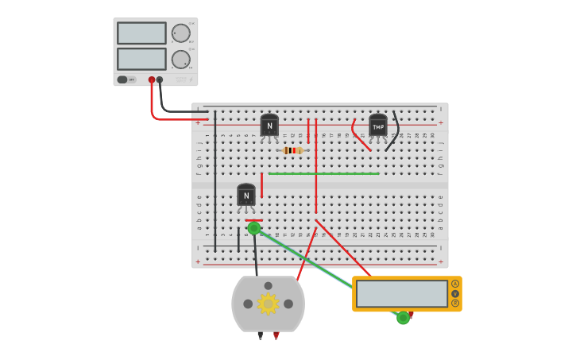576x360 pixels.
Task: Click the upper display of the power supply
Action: [x=141, y=33]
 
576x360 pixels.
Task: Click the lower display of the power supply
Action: [x=141, y=59]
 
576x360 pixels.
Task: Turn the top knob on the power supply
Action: [x=181, y=33]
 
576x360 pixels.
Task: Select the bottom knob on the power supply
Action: [x=181, y=60]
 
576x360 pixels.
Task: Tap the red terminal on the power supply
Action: [x=152, y=79]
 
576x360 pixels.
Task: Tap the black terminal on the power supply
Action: [x=160, y=79]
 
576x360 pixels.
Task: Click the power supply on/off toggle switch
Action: [x=123, y=79]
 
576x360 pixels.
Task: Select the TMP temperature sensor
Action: [x=378, y=126]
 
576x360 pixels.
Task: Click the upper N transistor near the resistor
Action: [x=269, y=125]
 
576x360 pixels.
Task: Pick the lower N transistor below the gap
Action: [x=246, y=195]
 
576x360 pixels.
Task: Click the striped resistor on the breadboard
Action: [x=293, y=150]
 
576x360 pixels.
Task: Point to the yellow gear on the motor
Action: [x=268, y=304]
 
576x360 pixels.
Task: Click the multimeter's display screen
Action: [x=401, y=293]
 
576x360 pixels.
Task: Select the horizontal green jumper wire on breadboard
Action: [x=323, y=173]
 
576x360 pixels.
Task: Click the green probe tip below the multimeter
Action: [x=403, y=318]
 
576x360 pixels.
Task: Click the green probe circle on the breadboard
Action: [x=253, y=228]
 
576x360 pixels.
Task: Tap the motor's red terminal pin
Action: [x=276, y=335]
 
